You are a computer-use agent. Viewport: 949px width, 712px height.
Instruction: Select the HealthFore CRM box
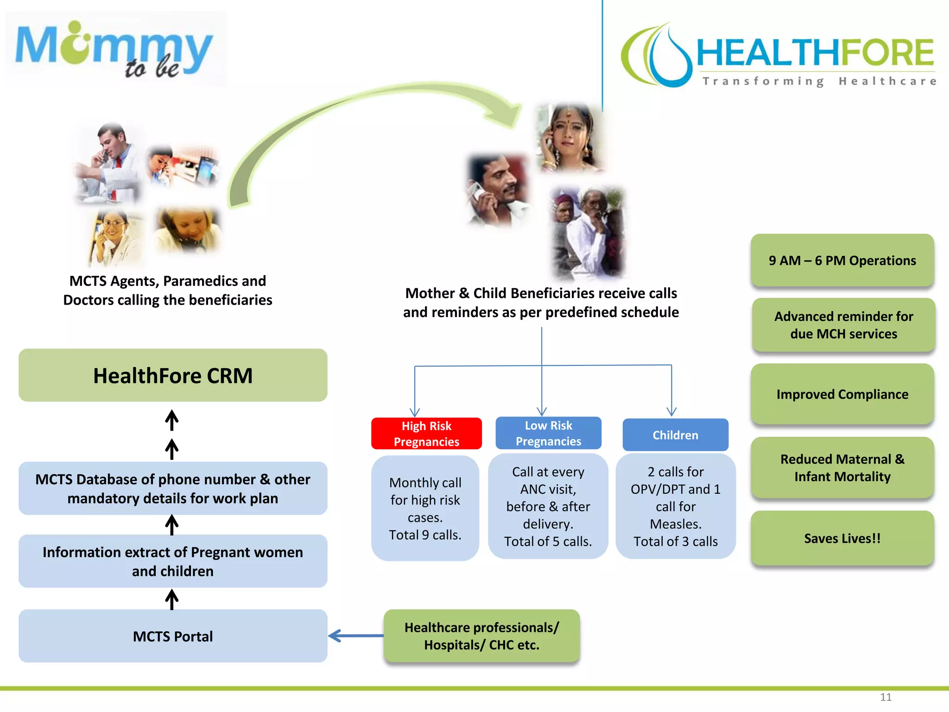click(x=173, y=375)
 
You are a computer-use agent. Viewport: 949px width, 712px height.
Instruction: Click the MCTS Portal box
click(x=173, y=636)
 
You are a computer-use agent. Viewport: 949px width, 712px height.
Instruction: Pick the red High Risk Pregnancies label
click(x=426, y=434)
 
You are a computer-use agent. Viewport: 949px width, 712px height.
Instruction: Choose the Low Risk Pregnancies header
click(x=548, y=433)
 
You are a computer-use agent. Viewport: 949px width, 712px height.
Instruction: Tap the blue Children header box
click(x=675, y=435)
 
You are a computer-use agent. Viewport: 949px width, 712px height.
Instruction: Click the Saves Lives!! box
click(x=842, y=538)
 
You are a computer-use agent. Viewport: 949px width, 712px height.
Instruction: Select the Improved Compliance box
click(x=842, y=394)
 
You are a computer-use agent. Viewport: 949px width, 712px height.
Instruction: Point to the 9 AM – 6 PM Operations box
click(x=842, y=261)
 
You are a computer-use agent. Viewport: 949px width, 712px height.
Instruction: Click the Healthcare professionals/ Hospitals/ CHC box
click(x=481, y=636)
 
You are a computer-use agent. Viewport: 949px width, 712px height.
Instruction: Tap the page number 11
click(x=886, y=697)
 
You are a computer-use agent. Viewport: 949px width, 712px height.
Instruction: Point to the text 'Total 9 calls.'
click(x=425, y=535)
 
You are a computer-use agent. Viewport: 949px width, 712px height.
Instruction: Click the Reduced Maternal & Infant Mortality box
click(x=842, y=468)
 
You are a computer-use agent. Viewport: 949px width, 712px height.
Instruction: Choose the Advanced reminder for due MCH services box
click(x=843, y=325)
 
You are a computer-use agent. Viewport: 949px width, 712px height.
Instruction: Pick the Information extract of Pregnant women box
click(x=173, y=561)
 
